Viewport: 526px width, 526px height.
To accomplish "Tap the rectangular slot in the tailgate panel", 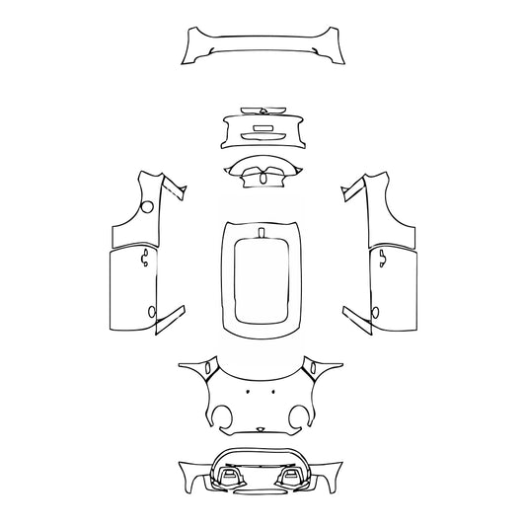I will (x=263, y=127).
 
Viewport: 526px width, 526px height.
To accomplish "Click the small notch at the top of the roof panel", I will (x=263, y=233).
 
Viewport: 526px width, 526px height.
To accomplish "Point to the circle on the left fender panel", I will (x=146, y=206).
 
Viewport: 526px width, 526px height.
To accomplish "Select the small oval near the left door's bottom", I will (x=152, y=312).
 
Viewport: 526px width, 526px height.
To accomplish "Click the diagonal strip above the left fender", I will (x=175, y=187).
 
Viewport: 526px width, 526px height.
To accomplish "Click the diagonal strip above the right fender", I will (x=350, y=187).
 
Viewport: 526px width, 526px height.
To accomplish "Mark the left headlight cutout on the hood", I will (x=211, y=371).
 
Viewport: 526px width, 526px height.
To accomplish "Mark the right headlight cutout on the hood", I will (x=314, y=371).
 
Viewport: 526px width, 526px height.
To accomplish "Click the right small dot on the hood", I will (x=275, y=393).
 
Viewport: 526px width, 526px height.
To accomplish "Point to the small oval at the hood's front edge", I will (x=261, y=428).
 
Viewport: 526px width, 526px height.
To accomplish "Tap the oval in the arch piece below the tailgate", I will (x=263, y=179).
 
